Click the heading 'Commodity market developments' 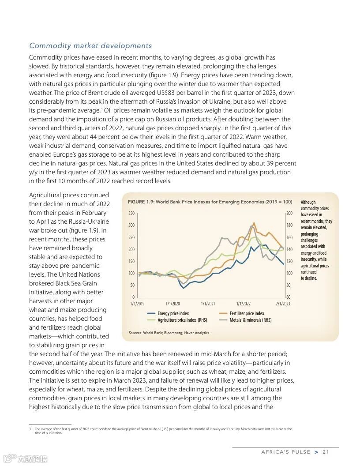click(x=90, y=46)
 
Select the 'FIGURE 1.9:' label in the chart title click(x=141, y=202)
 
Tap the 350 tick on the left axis click(x=131, y=214)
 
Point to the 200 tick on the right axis click(x=289, y=214)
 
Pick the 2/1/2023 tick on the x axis click(x=283, y=304)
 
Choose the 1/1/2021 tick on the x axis click(x=208, y=304)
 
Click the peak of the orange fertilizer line click(x=254, y=223)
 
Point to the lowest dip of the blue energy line click(x=184, y=288)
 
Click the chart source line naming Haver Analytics click(x=169, y=333)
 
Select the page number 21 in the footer click(x=326, y=452)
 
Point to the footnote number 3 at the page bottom click(x=30, y=429)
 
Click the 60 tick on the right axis click(x=289, y=297)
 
